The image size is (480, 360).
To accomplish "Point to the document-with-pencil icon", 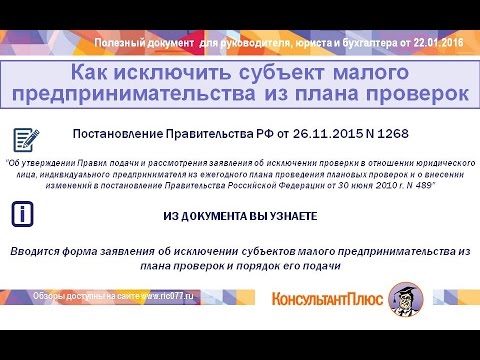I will (28, 139).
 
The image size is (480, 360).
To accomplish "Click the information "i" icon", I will (27, 213).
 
